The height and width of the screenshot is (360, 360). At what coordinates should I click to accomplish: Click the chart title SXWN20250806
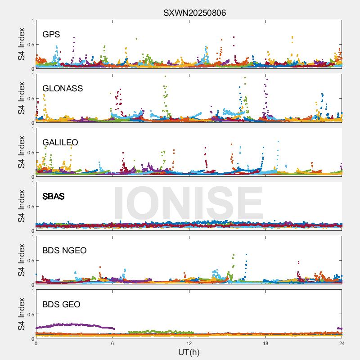pyautogui.click(x=194, y=13)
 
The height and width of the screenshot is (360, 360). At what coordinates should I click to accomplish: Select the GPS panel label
pyautogui.click(x=51, y=34)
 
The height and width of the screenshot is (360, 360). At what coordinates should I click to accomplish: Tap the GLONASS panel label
pyautogui.click(x=63, y=88)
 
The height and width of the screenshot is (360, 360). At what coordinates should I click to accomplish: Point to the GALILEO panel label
pyautogui.click(x=60, y=142)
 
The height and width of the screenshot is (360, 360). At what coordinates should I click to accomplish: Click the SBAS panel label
pyautogui.click(x=53, y=196)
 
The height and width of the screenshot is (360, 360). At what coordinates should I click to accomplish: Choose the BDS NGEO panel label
pyautogui.click(x=64, y=250)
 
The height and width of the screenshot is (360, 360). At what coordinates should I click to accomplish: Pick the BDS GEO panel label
pyautogui.click(x=61, y=304)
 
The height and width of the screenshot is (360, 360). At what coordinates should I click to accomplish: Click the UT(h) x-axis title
pyautogui.click(x=189, y=352)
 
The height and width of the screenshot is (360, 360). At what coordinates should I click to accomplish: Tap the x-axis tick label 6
pyautogui.click(x=112, y=343)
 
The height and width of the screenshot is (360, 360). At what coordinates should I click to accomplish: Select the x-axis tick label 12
pyautogui.click(x=189, y=343)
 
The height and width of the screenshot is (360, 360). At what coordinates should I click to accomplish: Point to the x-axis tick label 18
pyautogui.click(x=265, y=343)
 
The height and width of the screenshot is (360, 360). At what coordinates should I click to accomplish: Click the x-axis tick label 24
pyautogui.click(x=342, y=343)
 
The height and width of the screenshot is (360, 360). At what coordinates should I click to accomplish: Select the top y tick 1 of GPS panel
pyautogui.click(x=32, y=20)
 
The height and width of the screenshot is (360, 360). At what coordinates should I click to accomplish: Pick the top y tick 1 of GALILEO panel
pyautogui.click(x=32, y=128)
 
